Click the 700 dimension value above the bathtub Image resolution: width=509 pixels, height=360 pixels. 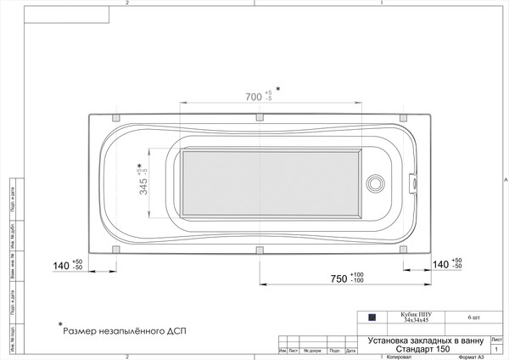[x=253, y=98]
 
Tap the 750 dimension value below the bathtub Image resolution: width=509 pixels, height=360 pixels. [x=338, y=278]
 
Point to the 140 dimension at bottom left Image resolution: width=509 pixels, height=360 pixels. [x=61, y=266]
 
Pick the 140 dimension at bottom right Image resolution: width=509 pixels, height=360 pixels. [x=441, y=265]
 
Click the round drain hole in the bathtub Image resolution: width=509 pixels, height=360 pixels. [x=374, y=183]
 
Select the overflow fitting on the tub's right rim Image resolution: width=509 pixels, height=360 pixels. [x=414, y=182]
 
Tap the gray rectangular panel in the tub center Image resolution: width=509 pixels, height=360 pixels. [x=270, y=182]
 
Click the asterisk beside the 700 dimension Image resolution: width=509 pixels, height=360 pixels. [x=277, y=88]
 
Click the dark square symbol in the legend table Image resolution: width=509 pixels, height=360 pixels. [x=371, y=317]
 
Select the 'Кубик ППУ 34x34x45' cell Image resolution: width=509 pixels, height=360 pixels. [x=411, y=317]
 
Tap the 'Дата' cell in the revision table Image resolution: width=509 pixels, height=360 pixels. [x=349, y=350]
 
